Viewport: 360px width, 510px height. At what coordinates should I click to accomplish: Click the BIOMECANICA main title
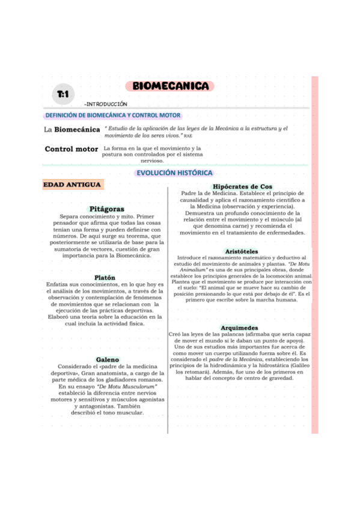pyautogui.click(x=171, y=86)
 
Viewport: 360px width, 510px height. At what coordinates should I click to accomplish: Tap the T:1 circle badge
pyautogui.click(x=63, y=95)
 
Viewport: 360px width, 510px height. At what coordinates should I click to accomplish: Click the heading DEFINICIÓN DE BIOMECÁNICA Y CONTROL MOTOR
pyautogui.click(x=113, y=115)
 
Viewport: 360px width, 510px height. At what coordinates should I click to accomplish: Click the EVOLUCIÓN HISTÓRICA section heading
pyautogui.click(x=174, y=173)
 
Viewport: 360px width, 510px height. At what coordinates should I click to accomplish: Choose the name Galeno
pyautogui.click(x=107, y=360)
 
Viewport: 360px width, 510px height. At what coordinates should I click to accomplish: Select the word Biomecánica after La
pyautogui.click(x=78, y=129)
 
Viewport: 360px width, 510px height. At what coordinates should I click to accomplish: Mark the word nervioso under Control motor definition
pyautogui.click(x=151, y=161)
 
